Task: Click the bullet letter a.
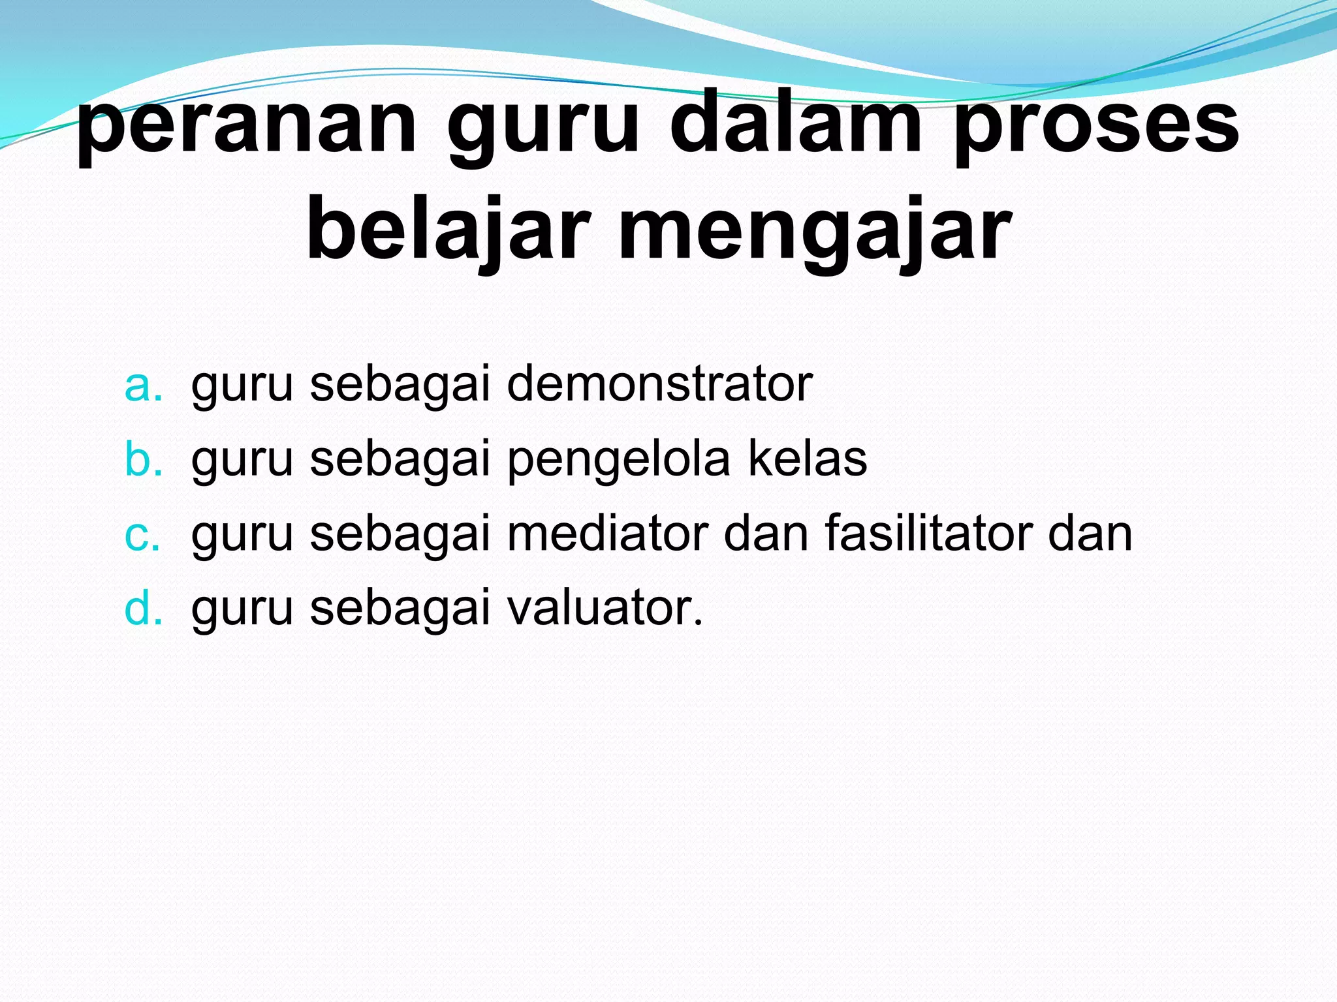(143, 386)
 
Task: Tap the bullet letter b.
(143, 459)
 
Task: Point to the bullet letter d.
(143, 608)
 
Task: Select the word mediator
(608, 534)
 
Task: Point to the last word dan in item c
(1090, 534)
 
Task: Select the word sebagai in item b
(400, 461)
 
